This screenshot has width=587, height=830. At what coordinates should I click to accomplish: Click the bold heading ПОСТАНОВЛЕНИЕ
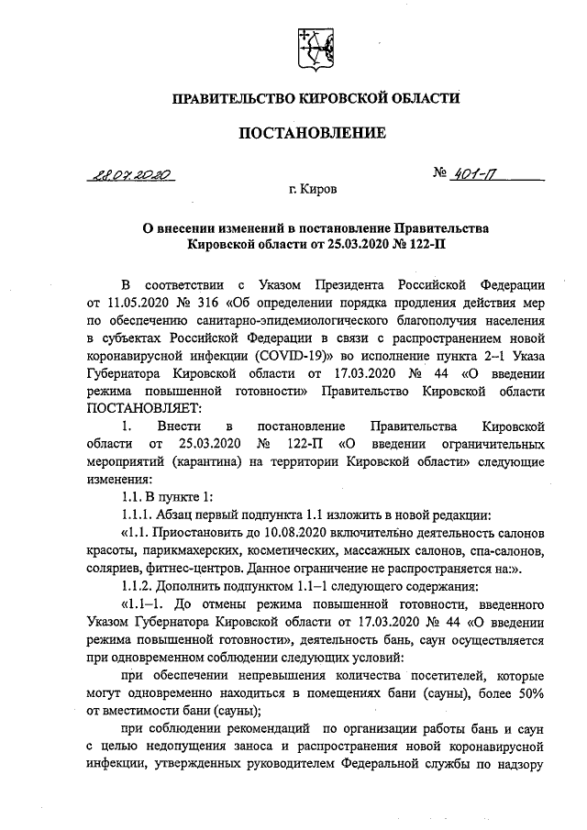pos(312,132)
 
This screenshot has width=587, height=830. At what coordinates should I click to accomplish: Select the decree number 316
pos(209,304)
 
